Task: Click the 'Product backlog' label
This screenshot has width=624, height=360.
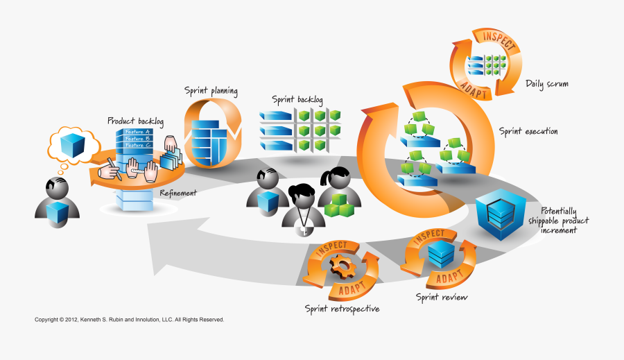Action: [x=135, y=121]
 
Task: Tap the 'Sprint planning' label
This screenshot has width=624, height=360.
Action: [x=211, y=91]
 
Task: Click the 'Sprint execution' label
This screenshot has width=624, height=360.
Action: [x=528, y=131]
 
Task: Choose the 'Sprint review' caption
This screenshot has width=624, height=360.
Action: [x=442, y=298]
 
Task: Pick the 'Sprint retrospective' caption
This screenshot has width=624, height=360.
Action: [x=342, y=308]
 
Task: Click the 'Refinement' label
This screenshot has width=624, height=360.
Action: [x=178, y=193]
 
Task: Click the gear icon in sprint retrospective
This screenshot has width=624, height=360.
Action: [x=342, y=266]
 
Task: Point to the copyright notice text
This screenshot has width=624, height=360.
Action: [x=130, y=320]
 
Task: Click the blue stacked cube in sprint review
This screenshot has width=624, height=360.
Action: [x=438, y=254]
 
